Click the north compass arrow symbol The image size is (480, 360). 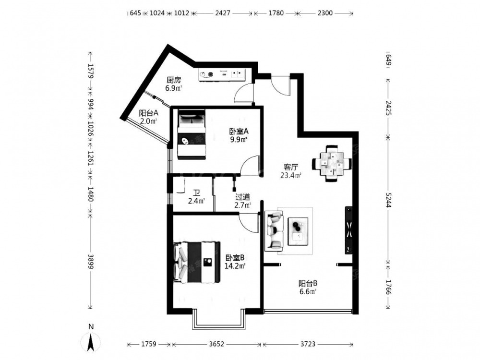(91, 342)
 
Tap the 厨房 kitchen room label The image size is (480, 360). (174, 80)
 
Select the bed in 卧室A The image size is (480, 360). (192, 135)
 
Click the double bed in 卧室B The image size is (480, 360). (197, 262)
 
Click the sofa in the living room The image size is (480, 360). (274, 231)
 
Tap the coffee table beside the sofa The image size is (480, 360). (298, 231)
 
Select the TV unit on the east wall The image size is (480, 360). (348, 230)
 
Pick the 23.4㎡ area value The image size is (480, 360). (291, 175)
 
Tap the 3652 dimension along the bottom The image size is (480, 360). (217, 344)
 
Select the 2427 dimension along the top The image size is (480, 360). (223, 13)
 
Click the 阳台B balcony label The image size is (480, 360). (308, 283)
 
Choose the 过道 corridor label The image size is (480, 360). (242, 197)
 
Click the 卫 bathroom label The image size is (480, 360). (196, 193)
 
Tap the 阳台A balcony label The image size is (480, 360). (148, 113)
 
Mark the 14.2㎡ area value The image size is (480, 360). (235, 266)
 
